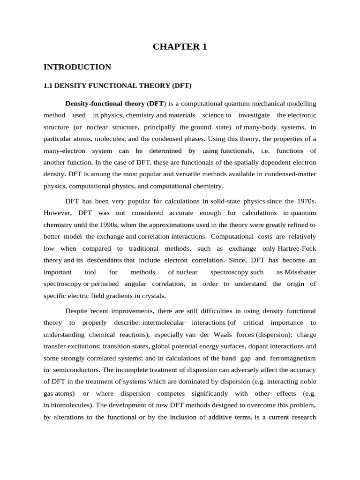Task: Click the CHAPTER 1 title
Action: point(180,47)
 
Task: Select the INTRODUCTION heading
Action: point(77,67)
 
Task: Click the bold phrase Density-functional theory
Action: point(105,103)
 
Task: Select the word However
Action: point(57,212)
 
